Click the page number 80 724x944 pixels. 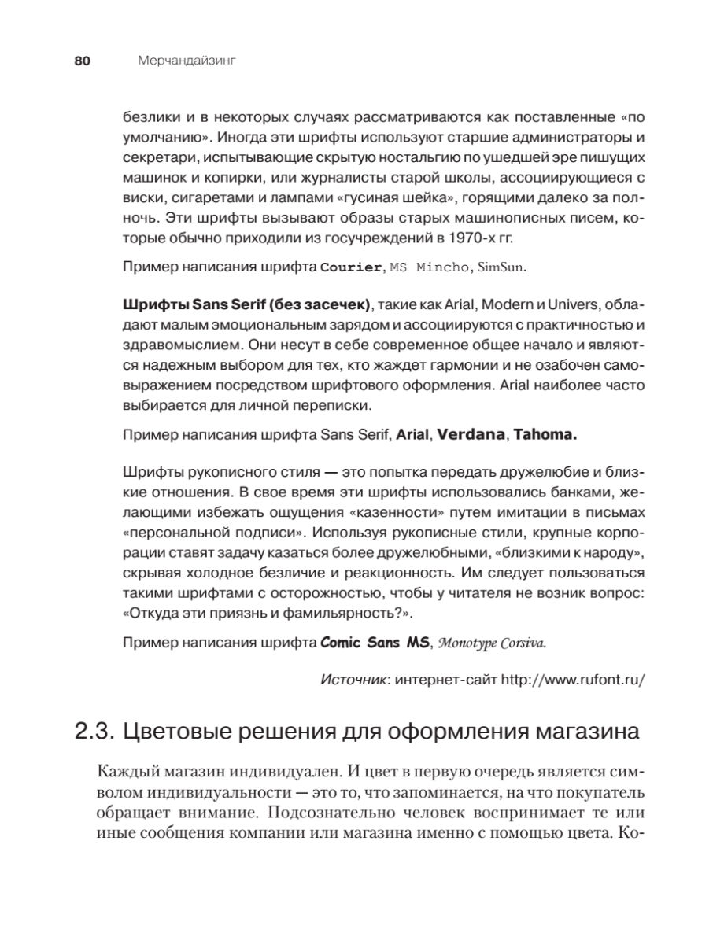pos(84,61)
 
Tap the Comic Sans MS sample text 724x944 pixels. pos(375,642)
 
